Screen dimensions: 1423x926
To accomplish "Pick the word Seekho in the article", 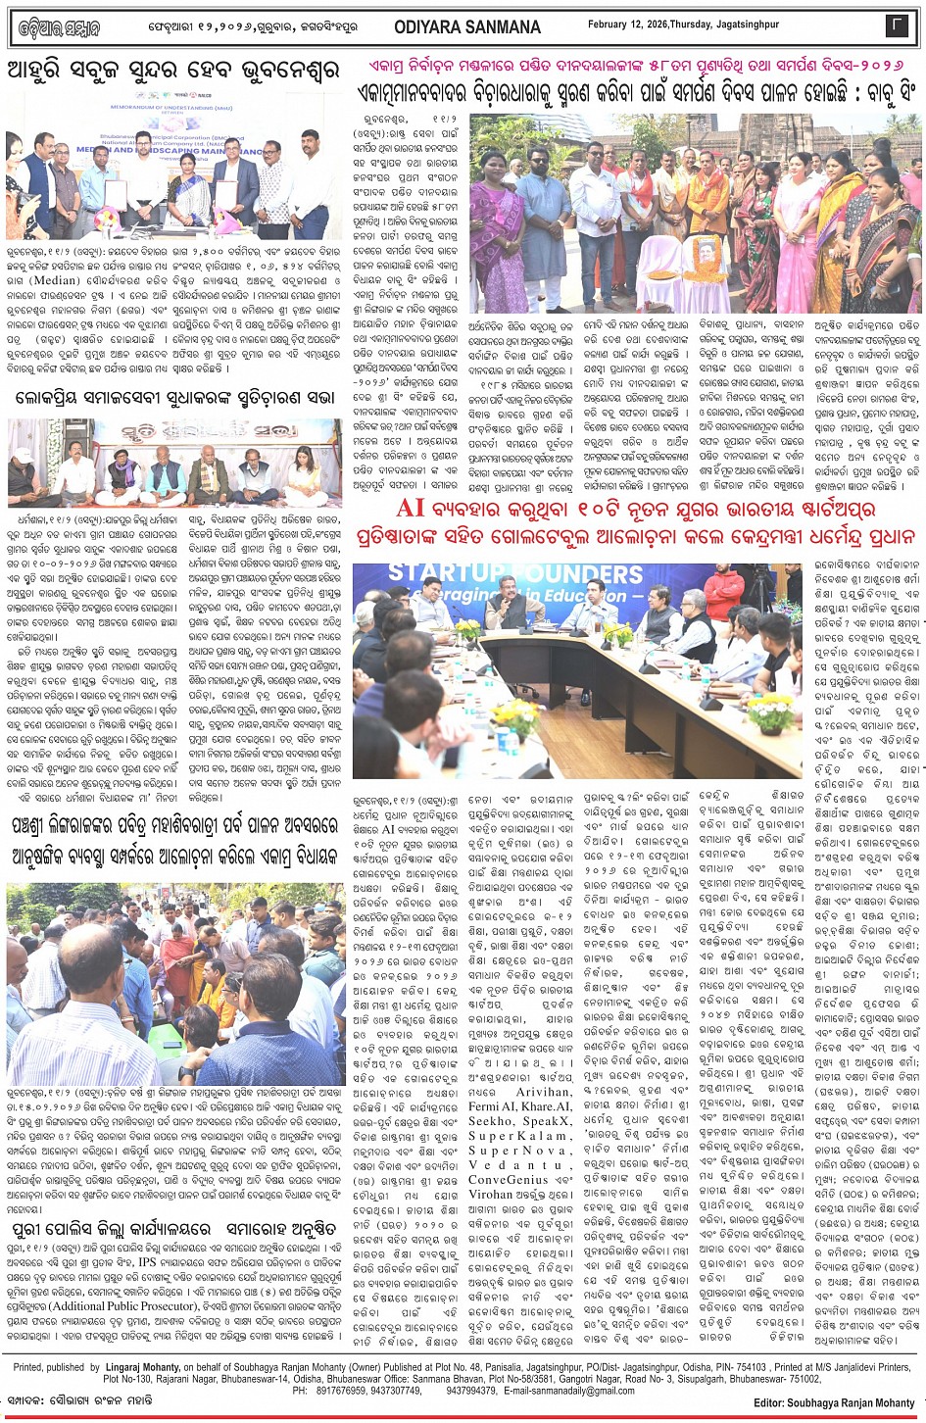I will (492, 1120).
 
